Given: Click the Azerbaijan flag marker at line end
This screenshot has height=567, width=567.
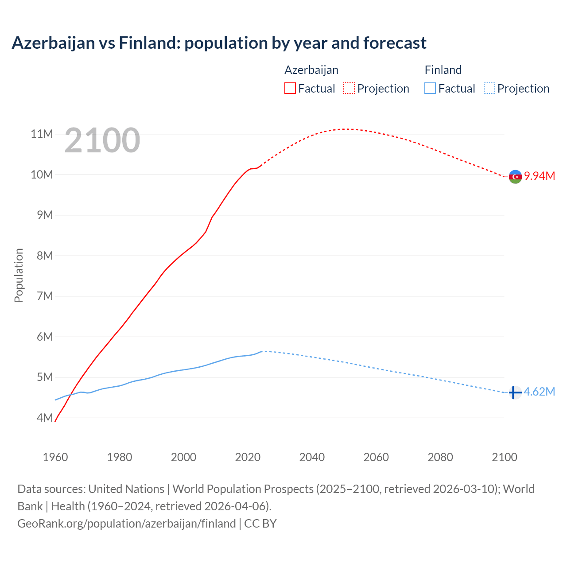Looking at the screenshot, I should click(515, 177).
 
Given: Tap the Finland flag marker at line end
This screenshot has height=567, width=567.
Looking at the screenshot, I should click(515, 392).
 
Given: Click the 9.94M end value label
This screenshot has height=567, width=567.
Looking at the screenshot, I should click(540, 176).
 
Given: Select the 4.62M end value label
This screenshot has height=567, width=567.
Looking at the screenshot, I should click(539, 392).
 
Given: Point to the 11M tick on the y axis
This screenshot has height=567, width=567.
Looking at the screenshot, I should click(42, 134).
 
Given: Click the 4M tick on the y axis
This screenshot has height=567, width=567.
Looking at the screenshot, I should click(44, 418).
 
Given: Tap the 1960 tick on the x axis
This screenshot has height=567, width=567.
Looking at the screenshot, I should click(55, 457).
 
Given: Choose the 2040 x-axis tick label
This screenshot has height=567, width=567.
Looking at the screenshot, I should click(312, 457).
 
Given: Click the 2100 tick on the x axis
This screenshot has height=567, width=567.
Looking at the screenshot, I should click(504, 457).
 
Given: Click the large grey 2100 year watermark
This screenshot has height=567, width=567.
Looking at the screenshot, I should click(102, 140).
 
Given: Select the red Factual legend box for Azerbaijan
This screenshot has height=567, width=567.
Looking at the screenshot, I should click(290, 88).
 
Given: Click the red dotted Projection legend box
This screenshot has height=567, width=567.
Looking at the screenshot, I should click(349, 88).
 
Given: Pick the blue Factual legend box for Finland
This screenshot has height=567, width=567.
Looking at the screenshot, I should click(430, 88).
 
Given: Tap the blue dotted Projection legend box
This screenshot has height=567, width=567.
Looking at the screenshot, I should click(489, 88).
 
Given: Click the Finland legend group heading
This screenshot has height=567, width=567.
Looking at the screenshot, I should click(443, 70).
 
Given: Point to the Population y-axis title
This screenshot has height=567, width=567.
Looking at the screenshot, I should click(19, 275).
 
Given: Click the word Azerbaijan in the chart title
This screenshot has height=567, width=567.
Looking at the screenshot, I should click(53, 43).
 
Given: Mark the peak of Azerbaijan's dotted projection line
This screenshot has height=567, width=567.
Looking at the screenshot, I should click(348, 129).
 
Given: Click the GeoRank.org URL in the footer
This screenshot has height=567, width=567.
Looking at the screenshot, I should click(126, 524).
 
